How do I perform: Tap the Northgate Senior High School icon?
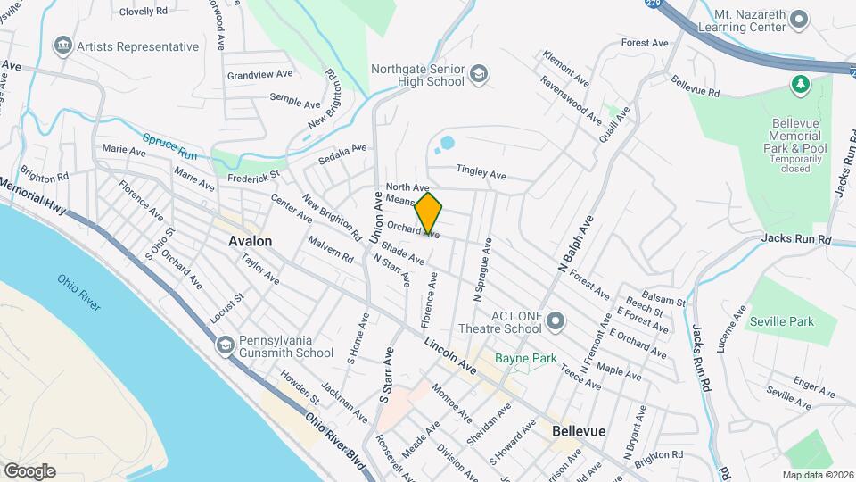click(479, 74)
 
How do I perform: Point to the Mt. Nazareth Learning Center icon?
click(799, 19)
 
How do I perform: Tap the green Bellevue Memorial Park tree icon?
click(800, 84)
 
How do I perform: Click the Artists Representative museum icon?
click(62, 46)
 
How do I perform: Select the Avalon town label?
click(250, 241)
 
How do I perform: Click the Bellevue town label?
click(579, 430)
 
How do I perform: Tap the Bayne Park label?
click(526, 359)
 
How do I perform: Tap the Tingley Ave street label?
click(481, 171)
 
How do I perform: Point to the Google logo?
click(29, 470)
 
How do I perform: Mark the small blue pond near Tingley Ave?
click(447, 142)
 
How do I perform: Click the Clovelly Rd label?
click(144, 12)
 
